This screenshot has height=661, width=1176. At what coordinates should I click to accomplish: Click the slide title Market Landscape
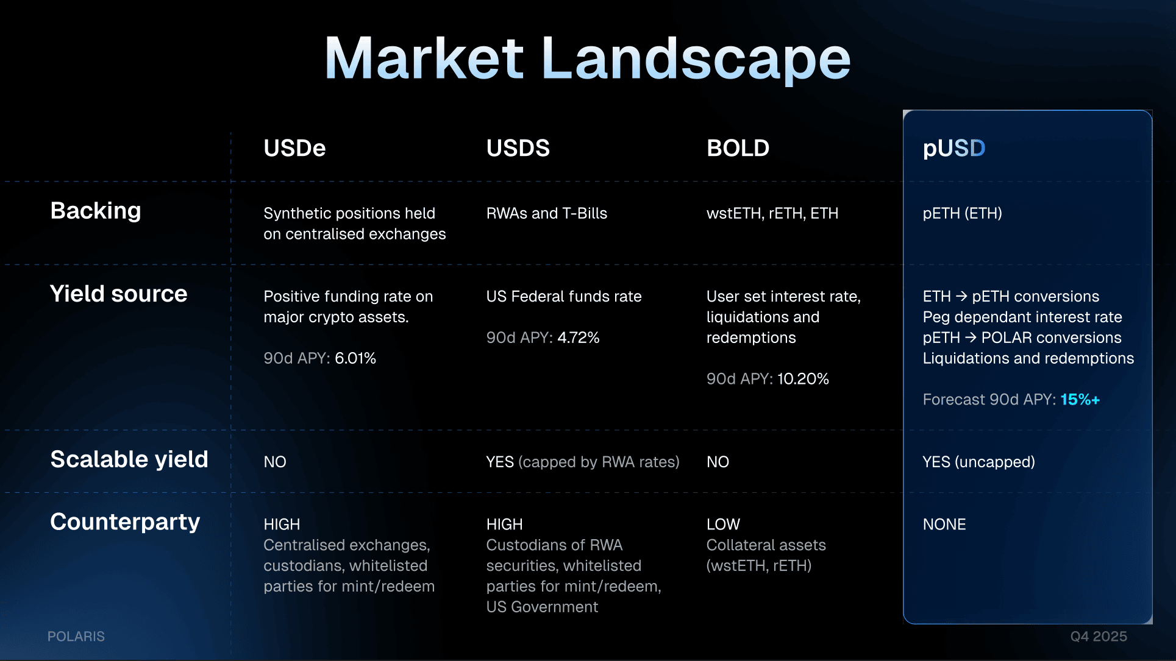pyautogui.click(x=588, y=58)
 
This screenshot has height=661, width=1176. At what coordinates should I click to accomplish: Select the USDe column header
pyautogui.click(x=294, y=148)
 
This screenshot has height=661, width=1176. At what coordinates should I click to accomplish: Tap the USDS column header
pyautogui.click(x=518, y=148)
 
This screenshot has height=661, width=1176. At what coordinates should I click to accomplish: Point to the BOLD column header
pyautogui.click(x=738, y=148)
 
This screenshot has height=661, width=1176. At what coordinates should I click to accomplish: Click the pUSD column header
pyautogui.click(x=954, y=148)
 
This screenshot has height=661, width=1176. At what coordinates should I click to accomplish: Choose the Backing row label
pyautogui.click(x=96, y=211)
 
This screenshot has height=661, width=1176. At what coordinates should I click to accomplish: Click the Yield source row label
pyautogui.click(x=118, y=294)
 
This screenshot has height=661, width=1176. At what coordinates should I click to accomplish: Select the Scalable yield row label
pyautogui.click(x=129, y=459)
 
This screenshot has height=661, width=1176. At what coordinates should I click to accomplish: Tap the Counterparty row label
pyautogui.click(x=125, y=522)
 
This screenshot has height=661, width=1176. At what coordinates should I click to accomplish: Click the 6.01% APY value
pyautogui.click(x=355, y=358)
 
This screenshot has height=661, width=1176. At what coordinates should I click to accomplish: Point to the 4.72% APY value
pyautogui.click(x=579, y=338)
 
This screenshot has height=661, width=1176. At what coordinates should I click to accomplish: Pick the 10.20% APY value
pyautogui.click(x=803, y=379)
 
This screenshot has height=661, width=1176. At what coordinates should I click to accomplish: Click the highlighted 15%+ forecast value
pyautogui.click(x=1080, y=400)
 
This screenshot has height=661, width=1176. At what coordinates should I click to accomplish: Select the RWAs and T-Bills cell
pyautogui.click(x=547, y=213)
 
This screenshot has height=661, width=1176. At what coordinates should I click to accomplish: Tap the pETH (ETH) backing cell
pyautogui.click(x=962, y=213)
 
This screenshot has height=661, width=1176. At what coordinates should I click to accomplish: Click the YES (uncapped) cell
pyautogui.click(x=978, y=462)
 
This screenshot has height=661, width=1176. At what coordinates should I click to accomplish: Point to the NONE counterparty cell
pyautogui.click(x=944, y=525)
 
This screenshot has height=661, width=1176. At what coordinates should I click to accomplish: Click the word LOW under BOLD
pyautogui.click(x=723, y=525)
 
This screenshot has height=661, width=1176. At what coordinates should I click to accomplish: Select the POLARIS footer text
pyautogui.click(x=76, y=637)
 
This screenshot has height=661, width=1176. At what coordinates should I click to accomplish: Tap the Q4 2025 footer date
pyautogui.click(x=1099, y=637)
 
